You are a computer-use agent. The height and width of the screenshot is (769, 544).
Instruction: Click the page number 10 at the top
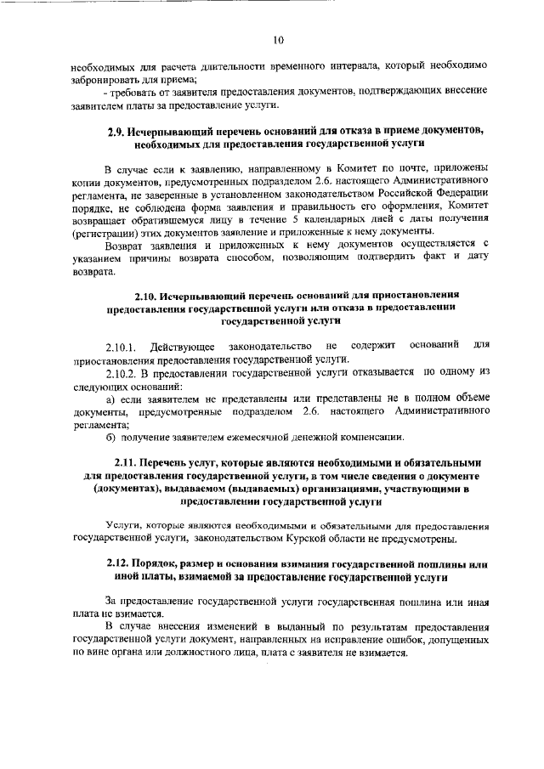pos(278,39)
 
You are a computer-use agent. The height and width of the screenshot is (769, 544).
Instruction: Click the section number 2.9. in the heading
pos(120,131)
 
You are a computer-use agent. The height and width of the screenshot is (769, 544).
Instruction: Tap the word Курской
pos(330,539)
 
